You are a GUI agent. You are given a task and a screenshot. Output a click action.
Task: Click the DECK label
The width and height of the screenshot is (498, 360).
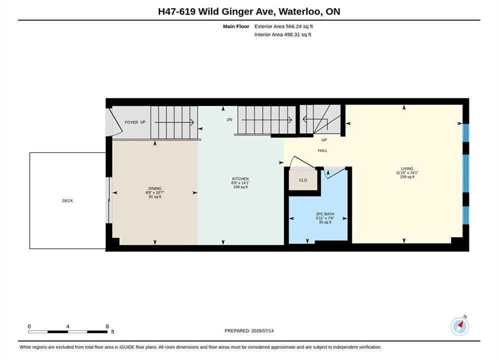tap(68, 201)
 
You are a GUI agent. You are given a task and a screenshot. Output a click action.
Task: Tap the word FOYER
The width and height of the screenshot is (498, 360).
tap(132, 122)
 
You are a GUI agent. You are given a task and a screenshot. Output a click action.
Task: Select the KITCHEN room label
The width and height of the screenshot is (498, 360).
tap(240, 179)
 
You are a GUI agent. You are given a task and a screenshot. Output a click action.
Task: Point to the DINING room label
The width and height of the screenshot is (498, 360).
tap(155, 188)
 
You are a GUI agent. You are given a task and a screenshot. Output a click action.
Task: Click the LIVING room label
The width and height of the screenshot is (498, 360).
tap(407, 168)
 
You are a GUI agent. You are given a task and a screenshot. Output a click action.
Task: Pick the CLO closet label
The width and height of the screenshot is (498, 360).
tap(303, 180)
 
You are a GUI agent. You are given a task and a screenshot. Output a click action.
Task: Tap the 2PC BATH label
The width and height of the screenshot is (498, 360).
tap(325, 214)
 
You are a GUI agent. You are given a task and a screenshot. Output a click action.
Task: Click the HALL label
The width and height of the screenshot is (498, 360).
tap(323, 150)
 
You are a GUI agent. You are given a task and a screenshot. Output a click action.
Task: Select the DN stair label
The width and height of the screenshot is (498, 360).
tap(230, 119)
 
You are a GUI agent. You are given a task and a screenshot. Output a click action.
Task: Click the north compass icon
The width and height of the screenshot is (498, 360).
tap(459, 326)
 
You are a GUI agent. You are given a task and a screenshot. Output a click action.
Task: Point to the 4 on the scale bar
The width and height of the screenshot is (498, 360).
tap(68, 326)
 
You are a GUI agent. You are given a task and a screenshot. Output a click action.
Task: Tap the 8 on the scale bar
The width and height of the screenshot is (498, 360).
tap(107, 326)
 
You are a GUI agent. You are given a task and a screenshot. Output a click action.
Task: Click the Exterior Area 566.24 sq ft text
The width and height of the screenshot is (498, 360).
tap(284, 26)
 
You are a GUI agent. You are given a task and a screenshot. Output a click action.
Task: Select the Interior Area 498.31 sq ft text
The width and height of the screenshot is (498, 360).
tap(283, 34)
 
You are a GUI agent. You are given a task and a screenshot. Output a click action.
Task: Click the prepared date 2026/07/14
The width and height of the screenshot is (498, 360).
tap(262, 331)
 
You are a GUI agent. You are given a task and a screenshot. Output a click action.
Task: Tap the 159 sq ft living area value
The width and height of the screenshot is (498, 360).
tap(407, 177)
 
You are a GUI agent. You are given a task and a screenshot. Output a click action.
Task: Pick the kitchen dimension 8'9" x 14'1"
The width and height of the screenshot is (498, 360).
tap(240, 183)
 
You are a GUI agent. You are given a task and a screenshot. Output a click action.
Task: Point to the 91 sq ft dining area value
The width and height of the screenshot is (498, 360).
tap(155, 196)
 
